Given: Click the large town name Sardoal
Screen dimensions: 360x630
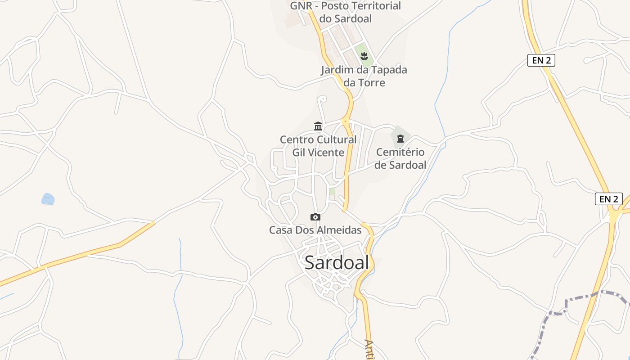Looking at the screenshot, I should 337,262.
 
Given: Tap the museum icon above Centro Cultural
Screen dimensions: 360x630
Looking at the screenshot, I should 318,126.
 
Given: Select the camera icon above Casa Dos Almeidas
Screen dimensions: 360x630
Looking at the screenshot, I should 315,217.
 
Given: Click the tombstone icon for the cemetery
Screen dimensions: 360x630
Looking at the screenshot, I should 400,139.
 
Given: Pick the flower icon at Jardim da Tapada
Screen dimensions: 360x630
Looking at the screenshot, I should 364,56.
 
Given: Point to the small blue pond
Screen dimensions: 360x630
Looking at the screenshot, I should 48,199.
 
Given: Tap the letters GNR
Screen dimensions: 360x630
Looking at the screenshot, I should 301,6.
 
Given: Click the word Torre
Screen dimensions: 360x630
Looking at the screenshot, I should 371,82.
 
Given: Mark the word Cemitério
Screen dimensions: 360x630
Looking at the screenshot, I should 400,152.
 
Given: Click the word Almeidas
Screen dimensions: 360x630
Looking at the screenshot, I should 339,230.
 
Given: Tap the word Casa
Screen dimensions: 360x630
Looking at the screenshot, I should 280,230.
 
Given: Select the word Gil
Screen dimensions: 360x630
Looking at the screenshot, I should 299,153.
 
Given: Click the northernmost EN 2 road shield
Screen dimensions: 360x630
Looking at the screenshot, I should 541,60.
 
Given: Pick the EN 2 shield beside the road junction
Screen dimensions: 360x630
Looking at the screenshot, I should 608,199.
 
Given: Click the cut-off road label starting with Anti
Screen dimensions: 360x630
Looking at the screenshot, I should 370,349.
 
